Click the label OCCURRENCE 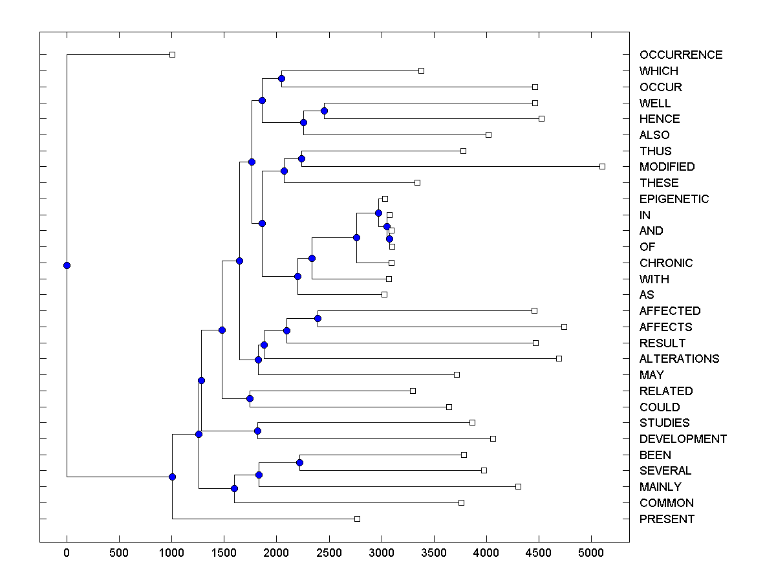coord(680,55)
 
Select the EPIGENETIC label coord(674,199)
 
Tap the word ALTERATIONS coord(679,359)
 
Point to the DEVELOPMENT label coord(683,439)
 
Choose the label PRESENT coord(667,519)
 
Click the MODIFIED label coord(667,167)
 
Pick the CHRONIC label coord(665,263)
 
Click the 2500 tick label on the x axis coord(329,552)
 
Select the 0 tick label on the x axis coord(67,552)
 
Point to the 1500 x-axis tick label coord(224,552)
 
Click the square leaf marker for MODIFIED coord(602,167)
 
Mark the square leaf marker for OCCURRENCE coord(172,55)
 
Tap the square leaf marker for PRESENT coord(357,519)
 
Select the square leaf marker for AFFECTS coord(564,327)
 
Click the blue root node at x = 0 coord(67,265)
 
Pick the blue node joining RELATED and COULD coord(250,398)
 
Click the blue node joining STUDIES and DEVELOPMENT coord(257,431)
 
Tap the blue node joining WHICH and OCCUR coord(281,78)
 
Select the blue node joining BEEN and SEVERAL coord(299,462)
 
